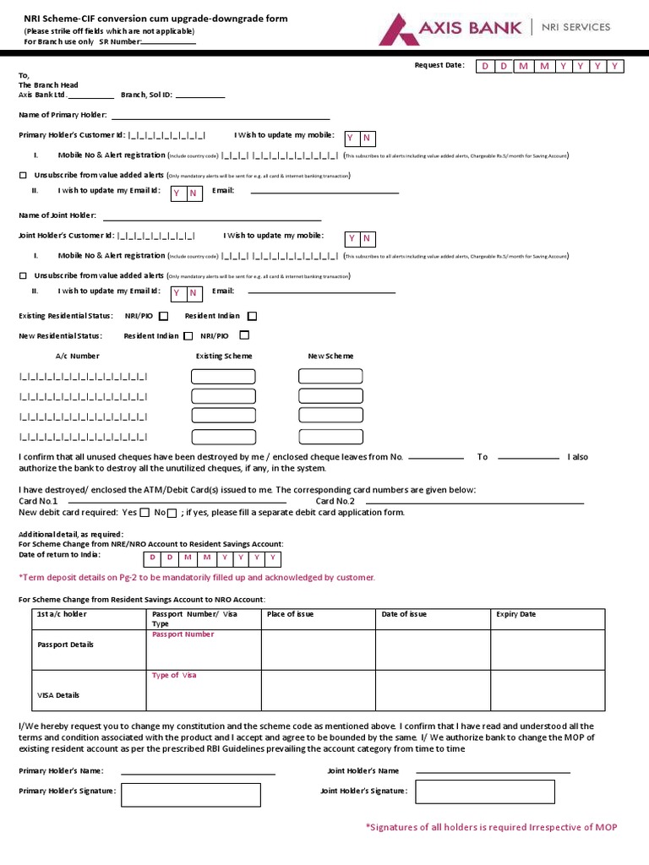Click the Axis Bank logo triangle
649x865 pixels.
(x=398, y=29)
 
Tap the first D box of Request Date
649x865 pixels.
(x=485, y=66)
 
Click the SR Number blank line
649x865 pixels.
(x=168, y=42)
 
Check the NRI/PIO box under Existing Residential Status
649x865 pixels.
(x=164, y=316)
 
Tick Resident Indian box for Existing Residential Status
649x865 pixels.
(x=252, y=316)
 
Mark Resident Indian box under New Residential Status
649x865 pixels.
(x=188, y=335)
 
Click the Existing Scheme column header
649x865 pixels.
(x=224, y=356)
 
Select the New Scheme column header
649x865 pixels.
(x=330, y=356)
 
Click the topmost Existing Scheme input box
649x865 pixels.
(x=223, y=376)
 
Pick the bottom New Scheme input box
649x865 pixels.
(x=330, y=437)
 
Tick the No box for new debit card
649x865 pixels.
(x=172, y=513)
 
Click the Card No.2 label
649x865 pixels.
(x=335, y=501)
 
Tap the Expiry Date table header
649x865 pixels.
(x=515, y=614)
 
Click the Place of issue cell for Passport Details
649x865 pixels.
(x=318, y=649)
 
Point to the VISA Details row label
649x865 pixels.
(x=58, y=695)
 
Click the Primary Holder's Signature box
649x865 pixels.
(x=190, y=794)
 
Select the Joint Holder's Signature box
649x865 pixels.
(x=484, y=792)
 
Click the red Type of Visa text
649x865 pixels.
(x=174, y=675)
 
